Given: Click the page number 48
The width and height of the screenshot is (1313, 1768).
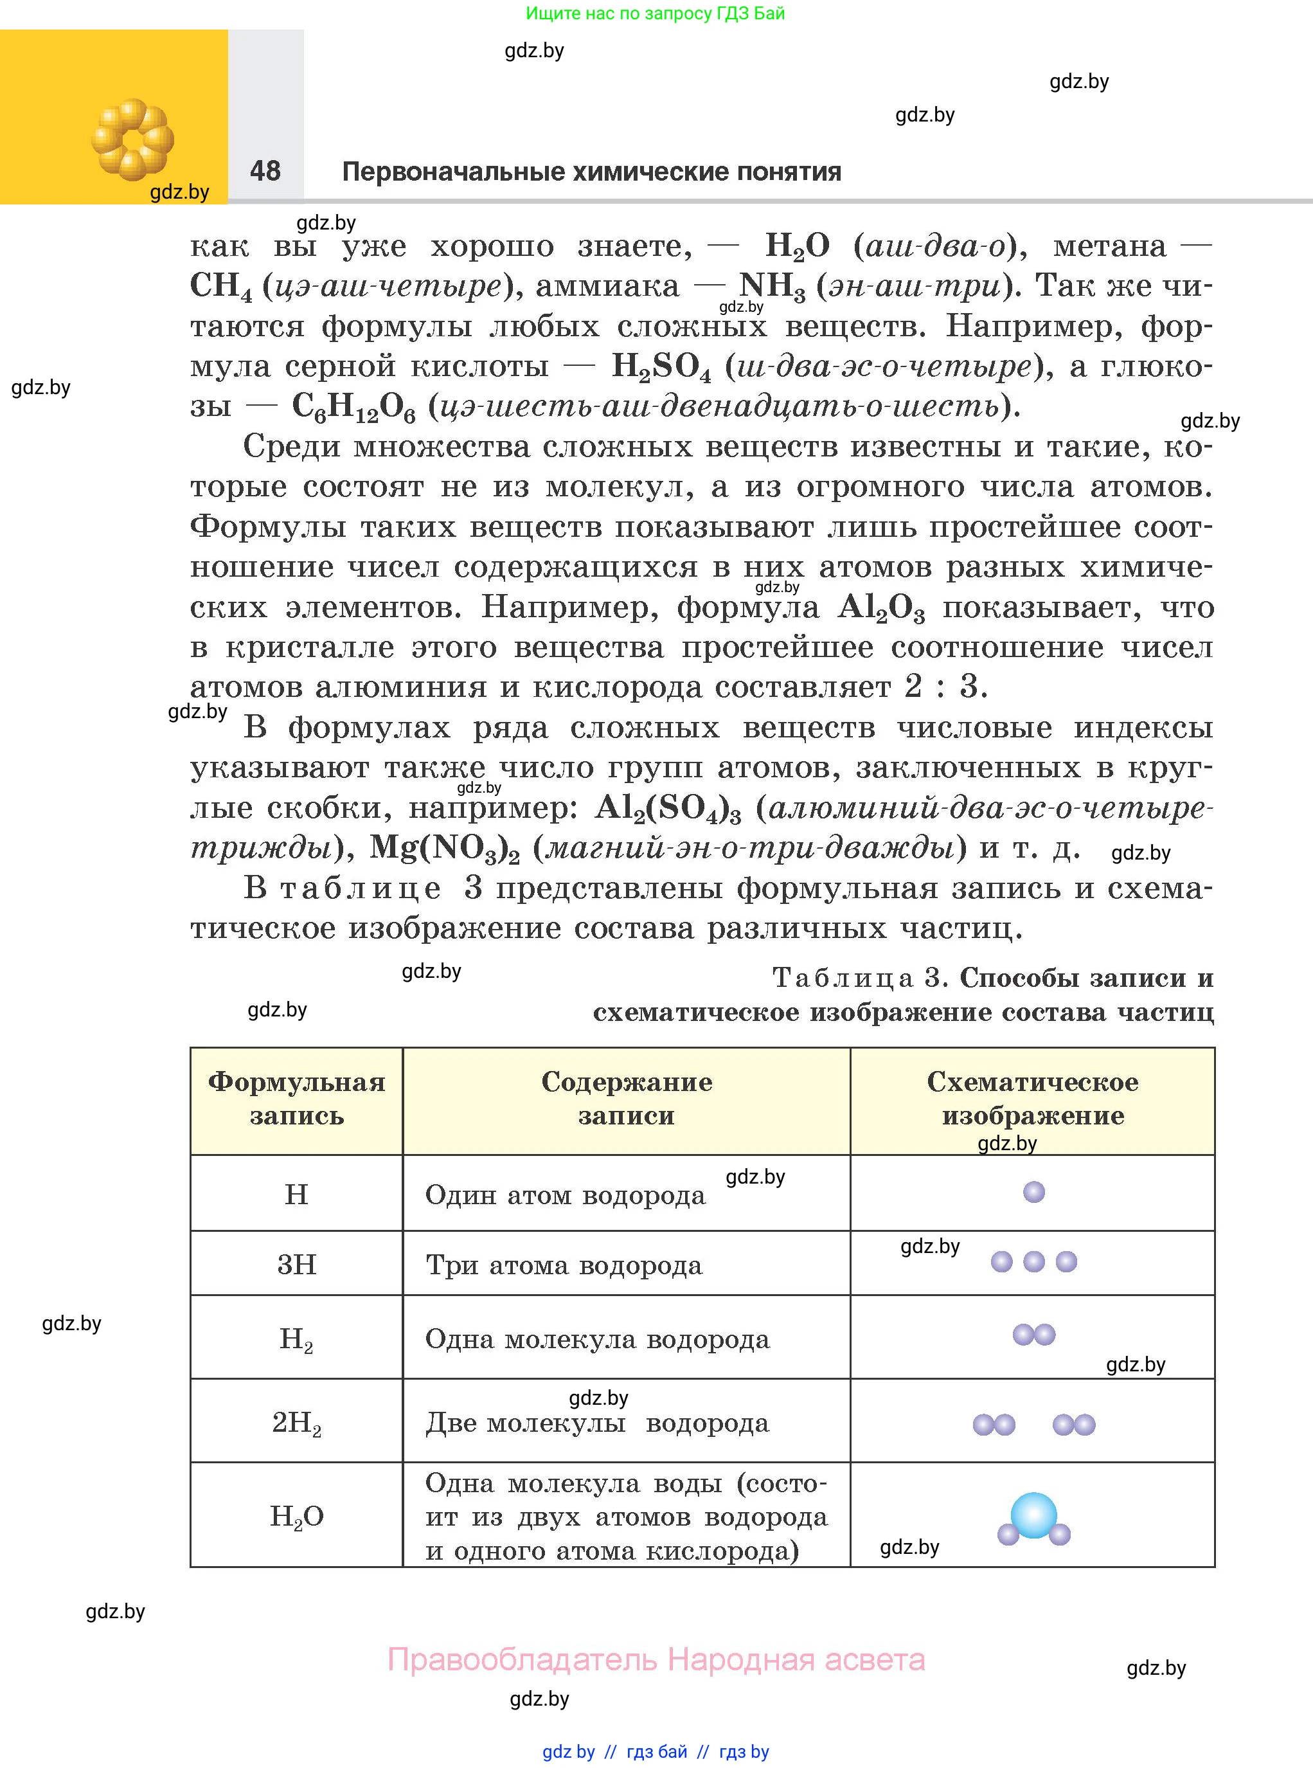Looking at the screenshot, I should [x=265, y=170].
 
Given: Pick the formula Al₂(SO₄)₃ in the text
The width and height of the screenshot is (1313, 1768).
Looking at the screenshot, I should [x=668, y=809].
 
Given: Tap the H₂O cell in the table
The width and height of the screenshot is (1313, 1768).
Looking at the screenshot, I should [x=296, y=1517].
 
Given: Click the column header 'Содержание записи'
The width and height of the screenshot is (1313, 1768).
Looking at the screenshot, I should [x=627, y=1099].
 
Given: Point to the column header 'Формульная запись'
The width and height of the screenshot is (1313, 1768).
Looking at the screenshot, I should [x=296, y=1099].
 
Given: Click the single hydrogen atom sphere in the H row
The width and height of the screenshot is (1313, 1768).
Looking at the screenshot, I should [x=1033, y=1192].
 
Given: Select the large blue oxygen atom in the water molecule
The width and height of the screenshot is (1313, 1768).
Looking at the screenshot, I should [x=1033, y=1515].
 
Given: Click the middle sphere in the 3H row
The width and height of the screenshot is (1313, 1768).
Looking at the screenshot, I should [x=1033, y=1261].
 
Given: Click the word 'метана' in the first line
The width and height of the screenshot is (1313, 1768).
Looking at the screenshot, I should [x=1109, y=246].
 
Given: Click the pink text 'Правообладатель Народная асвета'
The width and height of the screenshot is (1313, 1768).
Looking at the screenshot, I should [x=656, y=1660].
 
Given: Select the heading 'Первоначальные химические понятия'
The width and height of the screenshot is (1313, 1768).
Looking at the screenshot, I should [x=591, y=172].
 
